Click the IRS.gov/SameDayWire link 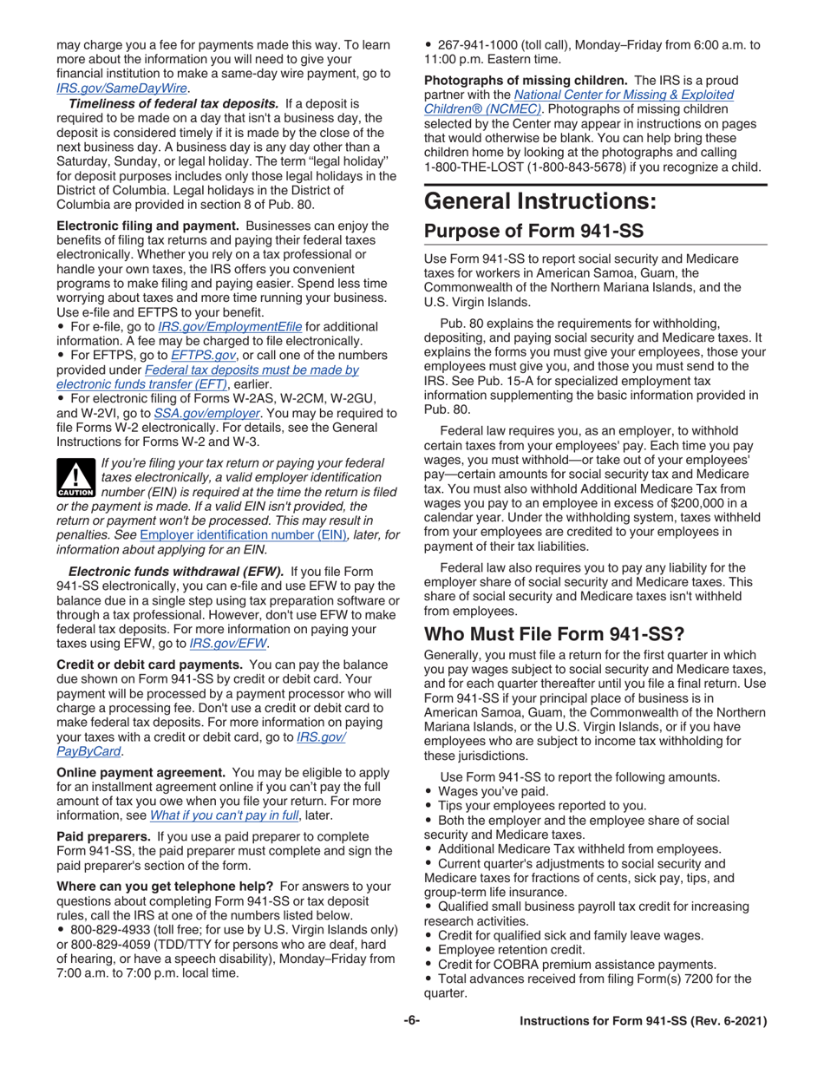point(123,88)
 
